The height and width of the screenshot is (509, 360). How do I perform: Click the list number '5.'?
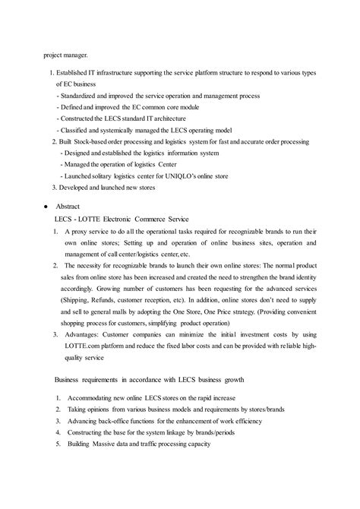tap(59, 444)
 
